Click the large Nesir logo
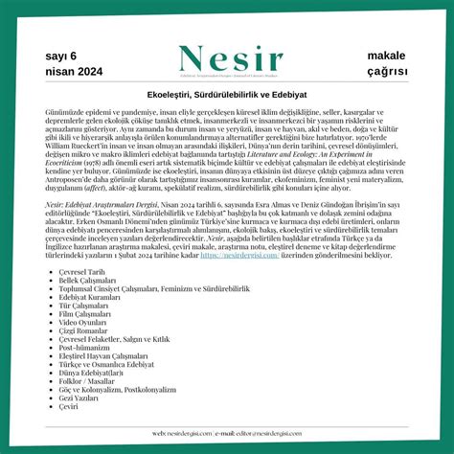227,59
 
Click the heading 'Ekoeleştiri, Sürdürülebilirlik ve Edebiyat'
227,96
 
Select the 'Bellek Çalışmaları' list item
87,280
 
